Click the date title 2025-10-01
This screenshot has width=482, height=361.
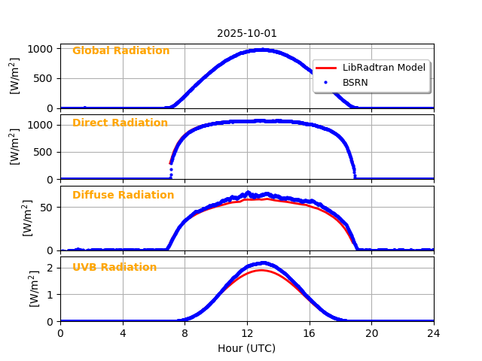click(x=247, y=33)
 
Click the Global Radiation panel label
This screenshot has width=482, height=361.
click(x=120, y=51)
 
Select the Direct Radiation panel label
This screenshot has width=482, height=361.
click(x=120, y=123)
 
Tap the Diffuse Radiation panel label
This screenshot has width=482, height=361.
click(x=123, y=196)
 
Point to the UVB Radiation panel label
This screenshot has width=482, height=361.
click(x=114, y=268)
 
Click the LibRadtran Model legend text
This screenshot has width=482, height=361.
click(x=383, y=68)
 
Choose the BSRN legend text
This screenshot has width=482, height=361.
click(x=355, y=82)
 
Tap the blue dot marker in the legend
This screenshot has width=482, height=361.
click(x=326, y=82)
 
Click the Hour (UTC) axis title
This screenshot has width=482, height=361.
click(x=247, y=348)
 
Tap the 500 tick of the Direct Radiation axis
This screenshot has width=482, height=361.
click(x=45, y=152)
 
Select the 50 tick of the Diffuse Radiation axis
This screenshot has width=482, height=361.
click(x=48, y=208)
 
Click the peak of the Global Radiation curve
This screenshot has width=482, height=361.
click(x=259, y=50)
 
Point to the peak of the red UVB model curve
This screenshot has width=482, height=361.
click(x=261, y=270)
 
